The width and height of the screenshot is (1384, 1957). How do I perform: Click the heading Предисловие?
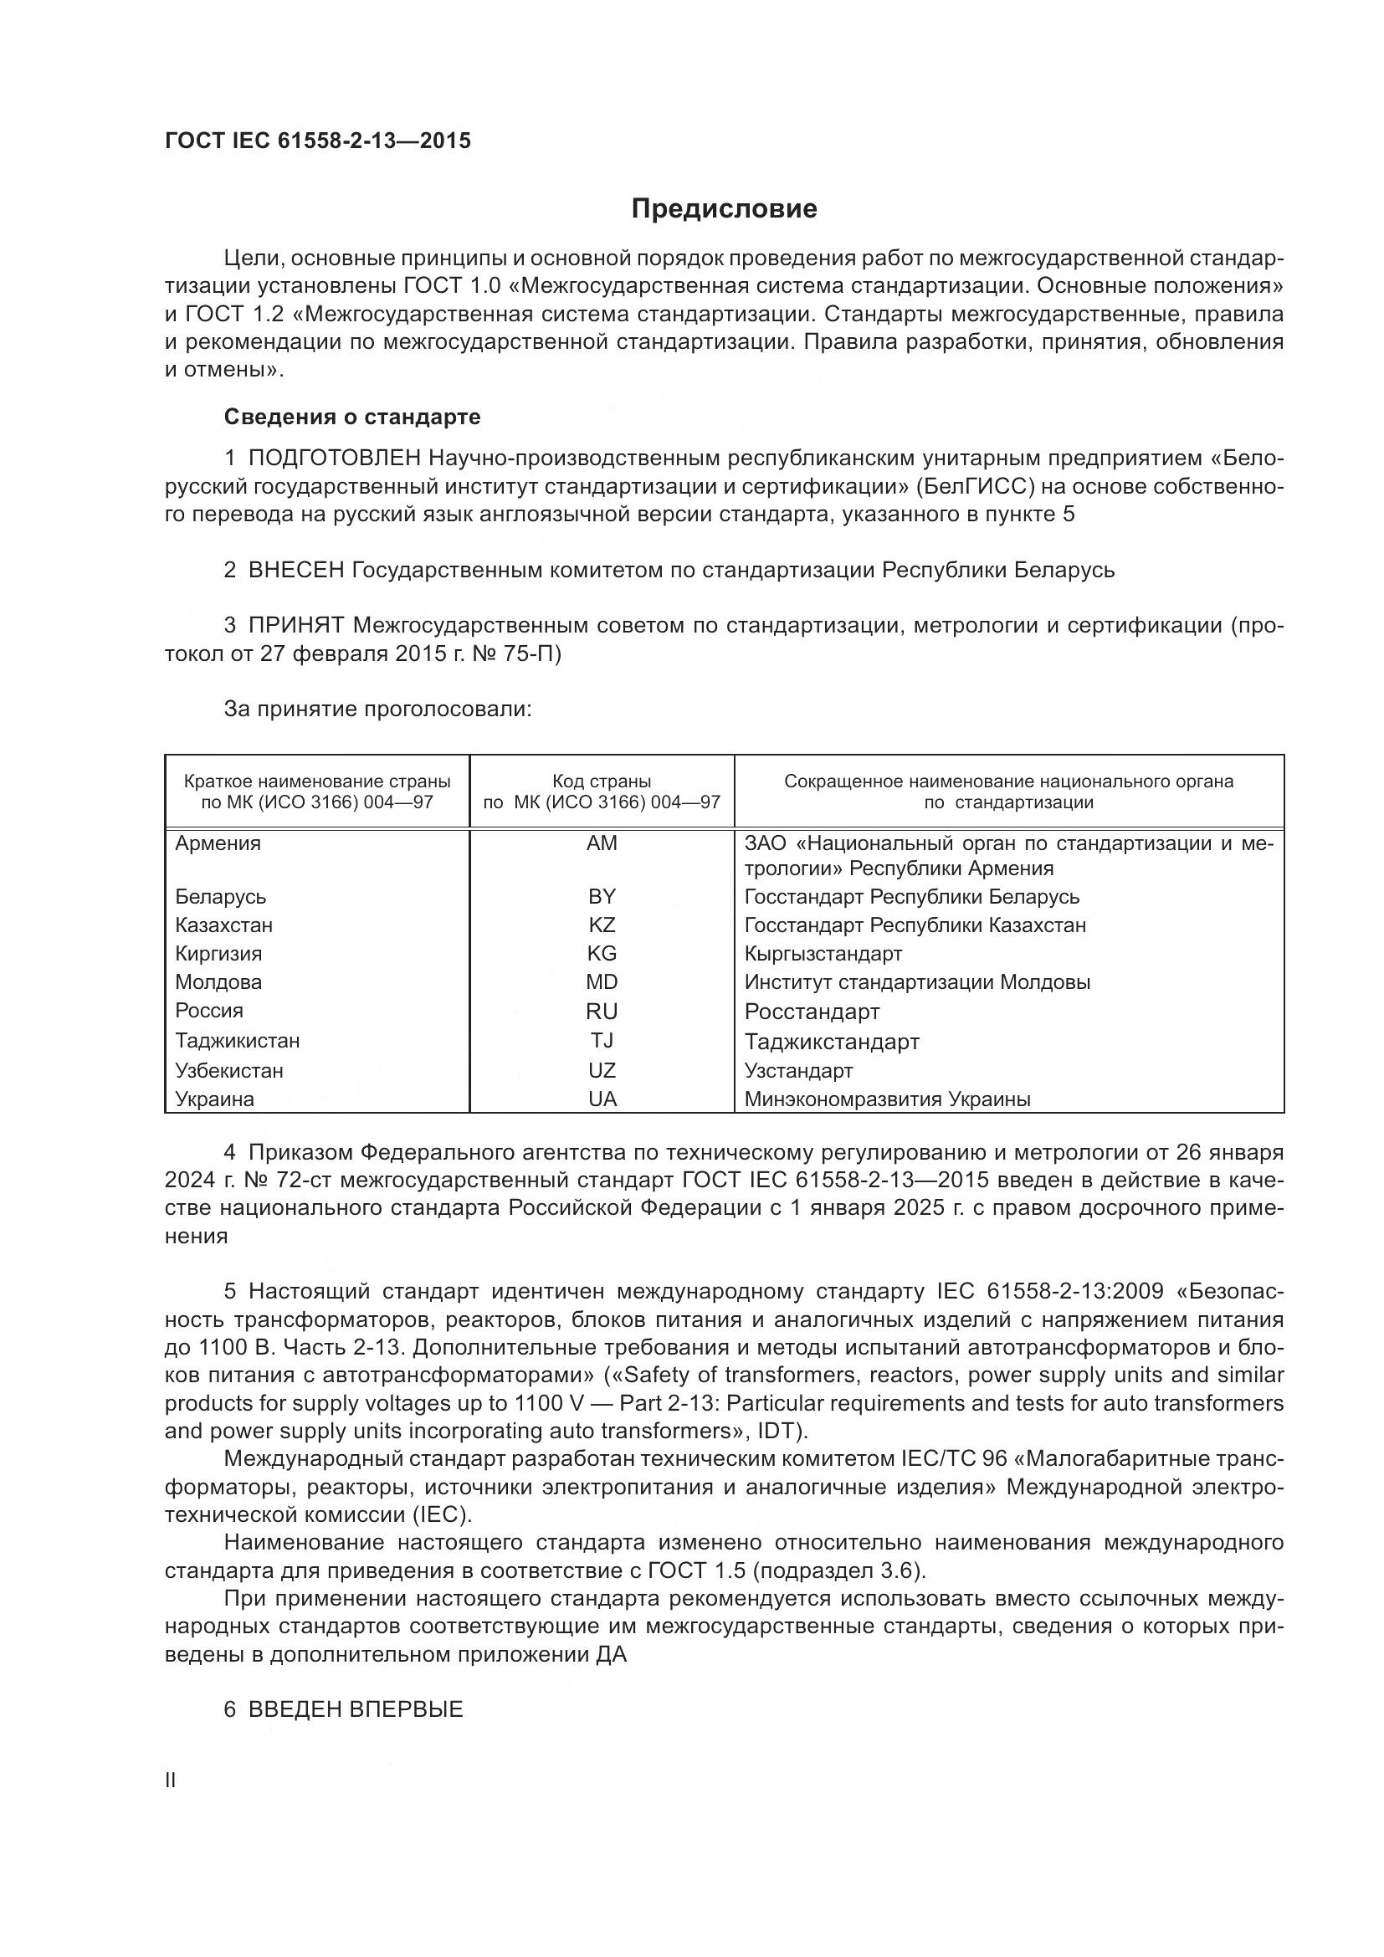pos(724,209)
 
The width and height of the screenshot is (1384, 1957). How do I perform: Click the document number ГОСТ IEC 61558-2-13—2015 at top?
pos(317,141)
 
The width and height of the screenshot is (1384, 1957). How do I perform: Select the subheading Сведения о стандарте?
pos(352,417)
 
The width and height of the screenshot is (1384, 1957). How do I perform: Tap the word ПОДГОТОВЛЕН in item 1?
pos(334,459)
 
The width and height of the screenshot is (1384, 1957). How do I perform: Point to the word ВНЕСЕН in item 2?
pos(295,571)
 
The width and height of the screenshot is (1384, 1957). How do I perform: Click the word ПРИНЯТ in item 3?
pos(295,626)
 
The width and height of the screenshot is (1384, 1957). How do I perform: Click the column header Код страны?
pos(602,781)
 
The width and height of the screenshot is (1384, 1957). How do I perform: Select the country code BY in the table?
pos(602,897)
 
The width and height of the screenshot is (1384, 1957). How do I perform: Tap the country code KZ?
pos(602,925)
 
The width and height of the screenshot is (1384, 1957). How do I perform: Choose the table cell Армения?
pos(218,844)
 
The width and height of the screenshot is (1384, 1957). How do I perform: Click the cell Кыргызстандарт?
pos(823,954)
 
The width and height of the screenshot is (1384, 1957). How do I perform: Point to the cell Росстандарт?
pos(812,1012)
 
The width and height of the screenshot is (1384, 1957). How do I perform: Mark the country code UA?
pos(602,1099)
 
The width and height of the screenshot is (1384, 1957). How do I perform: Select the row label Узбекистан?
pos(229,1071)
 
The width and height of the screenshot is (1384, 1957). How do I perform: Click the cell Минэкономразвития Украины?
pos(887,1099)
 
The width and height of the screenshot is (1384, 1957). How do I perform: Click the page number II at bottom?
pos(171,1780)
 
